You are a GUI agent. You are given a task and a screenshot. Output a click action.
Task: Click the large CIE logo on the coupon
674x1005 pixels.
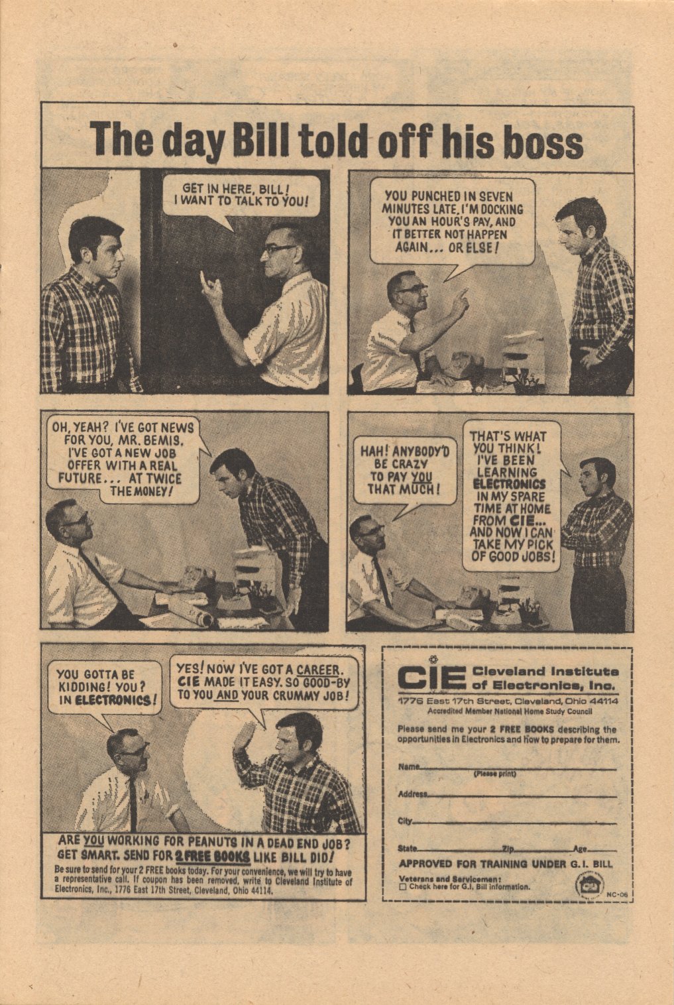pyautogui.click(x=431, y=678)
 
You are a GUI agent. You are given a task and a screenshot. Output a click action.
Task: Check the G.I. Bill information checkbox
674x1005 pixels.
pyautogui.click(x=403, y=887)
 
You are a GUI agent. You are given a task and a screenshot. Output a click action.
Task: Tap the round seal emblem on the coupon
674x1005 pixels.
pyautogui.click(x=587, y=884)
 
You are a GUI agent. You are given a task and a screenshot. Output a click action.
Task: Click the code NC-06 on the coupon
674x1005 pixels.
pyautogui.click(x=617, y=894)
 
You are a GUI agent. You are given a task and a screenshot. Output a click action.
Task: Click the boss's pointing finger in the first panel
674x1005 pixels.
pyautogui.click(x=203, y=280)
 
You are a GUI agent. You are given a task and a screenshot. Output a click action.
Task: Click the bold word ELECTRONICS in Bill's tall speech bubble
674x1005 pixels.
pyautogui.click(x=510, y=484)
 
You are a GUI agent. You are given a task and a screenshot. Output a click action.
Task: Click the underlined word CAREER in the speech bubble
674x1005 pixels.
pyautogui.click(x=319, y=670)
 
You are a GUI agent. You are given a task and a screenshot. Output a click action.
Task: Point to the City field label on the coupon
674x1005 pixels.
pyautogui.click(x=405, y=821)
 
